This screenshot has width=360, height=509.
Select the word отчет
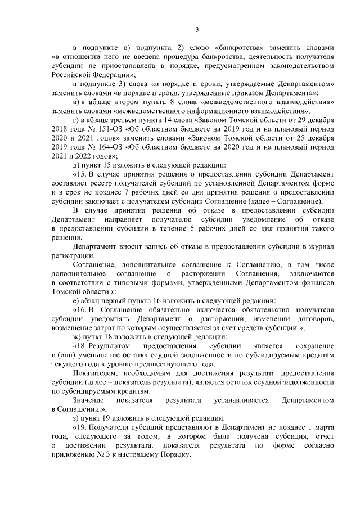coord(324,439)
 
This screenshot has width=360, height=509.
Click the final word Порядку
coord(175,457)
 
